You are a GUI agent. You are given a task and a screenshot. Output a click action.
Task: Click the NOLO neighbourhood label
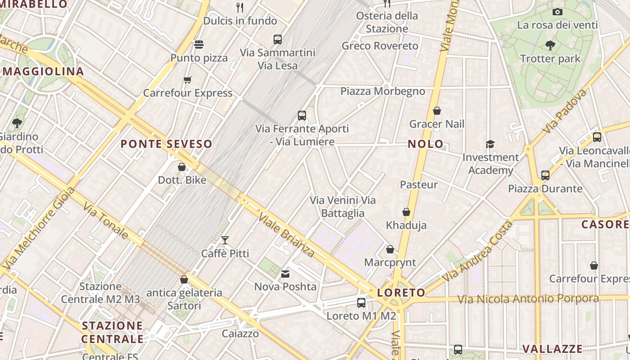click(x=425, y=144)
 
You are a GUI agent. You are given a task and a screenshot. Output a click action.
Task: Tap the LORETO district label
click(x=401, y=293)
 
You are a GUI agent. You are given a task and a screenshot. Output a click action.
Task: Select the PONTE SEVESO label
click(x=166, y=144)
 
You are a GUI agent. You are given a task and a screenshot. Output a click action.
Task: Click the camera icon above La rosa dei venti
click(x=558, y=12)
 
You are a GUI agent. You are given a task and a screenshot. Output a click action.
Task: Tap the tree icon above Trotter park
click(x=550, y=45)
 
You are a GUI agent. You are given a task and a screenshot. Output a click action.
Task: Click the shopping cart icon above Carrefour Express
click(x=188, y=80)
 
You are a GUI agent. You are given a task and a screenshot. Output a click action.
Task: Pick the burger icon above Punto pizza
click(x=199, y=45)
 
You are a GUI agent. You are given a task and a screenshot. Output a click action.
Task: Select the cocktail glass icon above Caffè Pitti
click(x=225, y=240)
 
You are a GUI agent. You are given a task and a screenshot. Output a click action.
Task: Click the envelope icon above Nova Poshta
click(x=285, y=274)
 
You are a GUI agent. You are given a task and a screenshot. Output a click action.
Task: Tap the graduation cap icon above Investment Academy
click(x=490, y=144)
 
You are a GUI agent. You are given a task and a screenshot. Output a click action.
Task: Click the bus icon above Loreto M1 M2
click(x=361, y=303)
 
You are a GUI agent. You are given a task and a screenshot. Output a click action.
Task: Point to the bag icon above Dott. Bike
click(x=182, y=167)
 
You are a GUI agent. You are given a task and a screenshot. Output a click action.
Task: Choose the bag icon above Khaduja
click(x=406, y=212)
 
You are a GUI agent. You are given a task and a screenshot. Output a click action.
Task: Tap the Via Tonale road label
click(x=106, y=220)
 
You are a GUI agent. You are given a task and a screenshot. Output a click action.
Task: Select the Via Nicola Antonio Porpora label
click(x=528, y=299)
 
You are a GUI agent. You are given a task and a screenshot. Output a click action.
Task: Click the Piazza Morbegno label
click(x=382, y=91)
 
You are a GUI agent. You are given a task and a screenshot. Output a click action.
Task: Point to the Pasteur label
click(x=418, y=184)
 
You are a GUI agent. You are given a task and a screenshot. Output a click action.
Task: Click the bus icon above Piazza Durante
click(x=545, y=175)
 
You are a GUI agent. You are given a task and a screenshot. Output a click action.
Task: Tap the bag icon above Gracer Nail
click(x=436, y=111)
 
